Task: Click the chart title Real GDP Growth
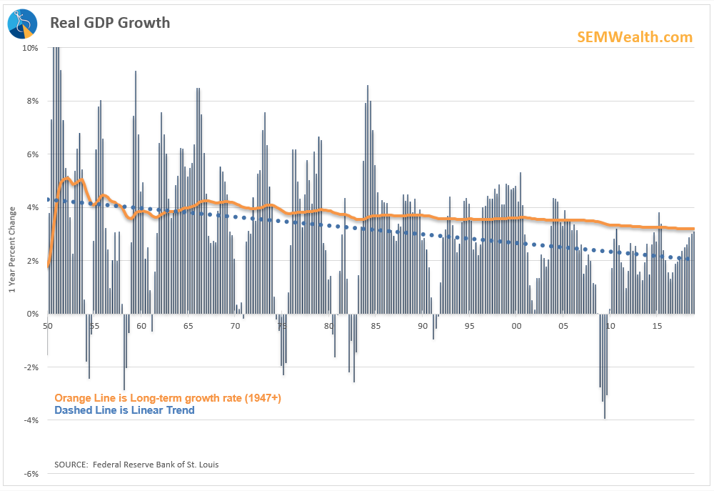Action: click(110, 23)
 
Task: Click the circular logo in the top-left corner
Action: click(22, 24)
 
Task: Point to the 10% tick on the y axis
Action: click(30, 48)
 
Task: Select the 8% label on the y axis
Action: click(32, 101)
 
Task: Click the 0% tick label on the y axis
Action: click(32, 314)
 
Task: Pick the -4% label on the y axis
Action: click(31, 420)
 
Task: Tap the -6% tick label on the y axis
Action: click(31, 474)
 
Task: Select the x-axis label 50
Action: click(48, 326)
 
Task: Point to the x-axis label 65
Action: click(188, 326)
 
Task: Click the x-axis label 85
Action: click(376, 326)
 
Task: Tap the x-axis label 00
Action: click(517, 326)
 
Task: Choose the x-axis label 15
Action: click(658, 326)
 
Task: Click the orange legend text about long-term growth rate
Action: click(168, 398)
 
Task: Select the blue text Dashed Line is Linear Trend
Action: click(124, 410)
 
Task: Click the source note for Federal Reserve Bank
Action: click(136, 465)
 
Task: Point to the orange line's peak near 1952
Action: click(67, 178)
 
